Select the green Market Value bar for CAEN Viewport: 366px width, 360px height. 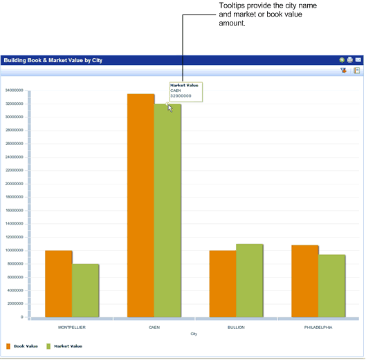[x=167, y=211]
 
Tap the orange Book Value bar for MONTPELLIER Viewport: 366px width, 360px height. [x=58, y=283]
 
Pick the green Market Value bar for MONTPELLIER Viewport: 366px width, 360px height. [x=85, y=290]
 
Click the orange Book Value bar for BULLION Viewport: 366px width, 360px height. [x=222, y=283]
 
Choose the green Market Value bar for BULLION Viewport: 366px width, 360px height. [x=249, y=281]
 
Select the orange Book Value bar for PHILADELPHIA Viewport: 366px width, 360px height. [x=304, y=281]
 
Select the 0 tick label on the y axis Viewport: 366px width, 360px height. [x=22, y=317]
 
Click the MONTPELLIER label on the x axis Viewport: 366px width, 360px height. [x=71, y=327]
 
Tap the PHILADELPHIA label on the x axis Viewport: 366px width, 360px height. [x=318, y=327]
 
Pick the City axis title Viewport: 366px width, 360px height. [x=194, y=334]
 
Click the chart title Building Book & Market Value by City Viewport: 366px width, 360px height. [x=53, y=60]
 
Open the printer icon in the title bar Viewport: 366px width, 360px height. [x=350, y=60]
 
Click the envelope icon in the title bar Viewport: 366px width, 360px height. [x=358, y=60]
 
